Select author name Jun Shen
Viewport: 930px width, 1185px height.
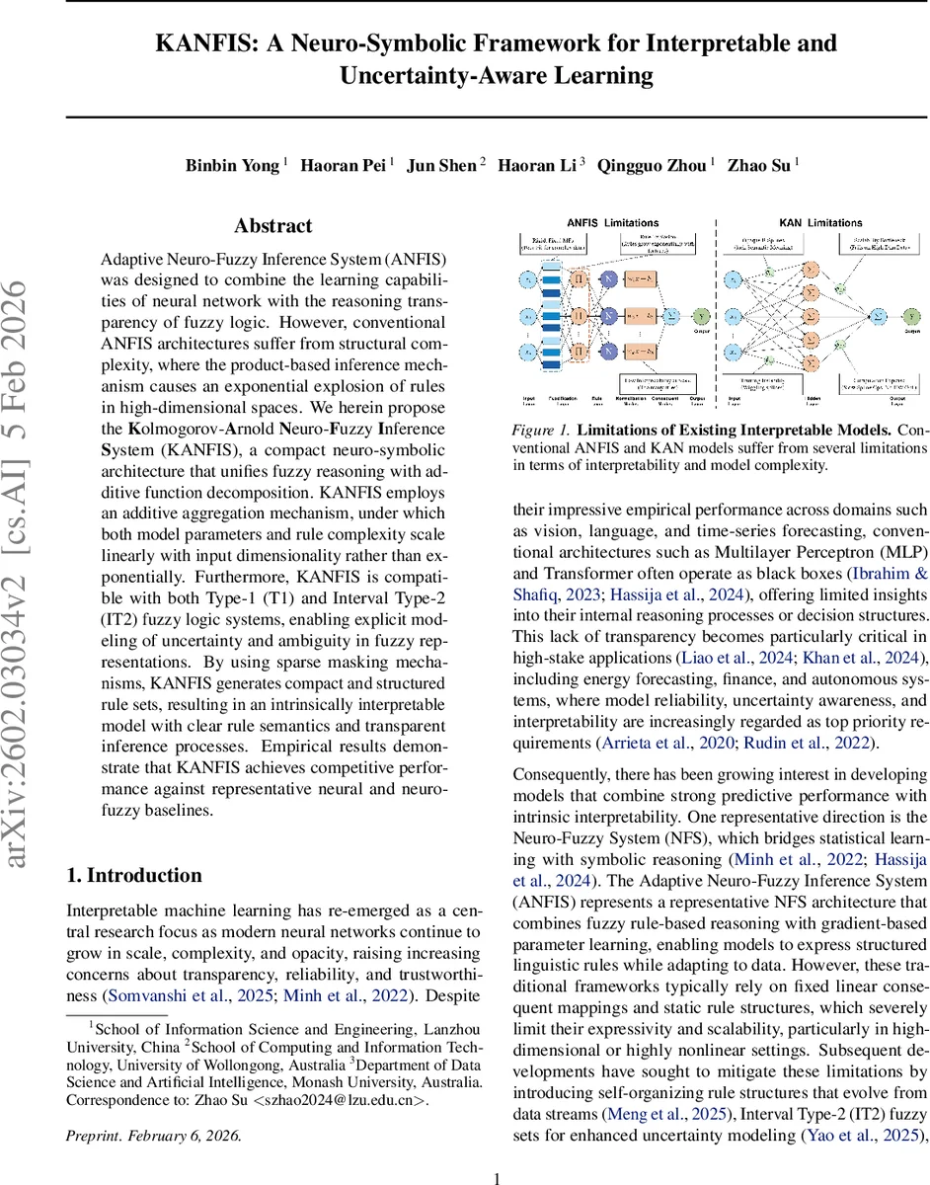tap(443, 166)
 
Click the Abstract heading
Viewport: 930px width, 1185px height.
tap(273, 226)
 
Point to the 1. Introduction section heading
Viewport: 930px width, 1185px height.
tap(133, 875)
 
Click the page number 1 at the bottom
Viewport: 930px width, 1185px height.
tap(498, 1177)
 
